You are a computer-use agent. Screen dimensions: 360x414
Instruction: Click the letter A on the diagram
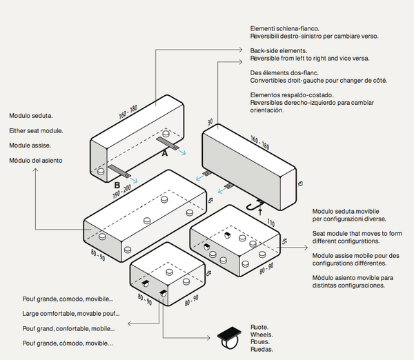tap(164, 154)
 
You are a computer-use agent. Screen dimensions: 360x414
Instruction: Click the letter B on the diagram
tap(117, 184)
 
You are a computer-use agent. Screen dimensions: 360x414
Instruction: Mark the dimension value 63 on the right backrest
tap(299, 183)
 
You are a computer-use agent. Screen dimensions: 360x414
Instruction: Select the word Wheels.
tap(260, 334)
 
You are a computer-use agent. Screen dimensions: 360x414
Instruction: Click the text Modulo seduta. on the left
tap(31, 116)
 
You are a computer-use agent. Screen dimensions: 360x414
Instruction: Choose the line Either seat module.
tap(37, 131)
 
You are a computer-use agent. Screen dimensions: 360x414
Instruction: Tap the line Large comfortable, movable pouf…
tap(71, 313)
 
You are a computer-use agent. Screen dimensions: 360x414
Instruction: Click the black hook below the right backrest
tap(256, 203)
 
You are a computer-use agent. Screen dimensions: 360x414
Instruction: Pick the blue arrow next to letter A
tap(182, 154)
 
